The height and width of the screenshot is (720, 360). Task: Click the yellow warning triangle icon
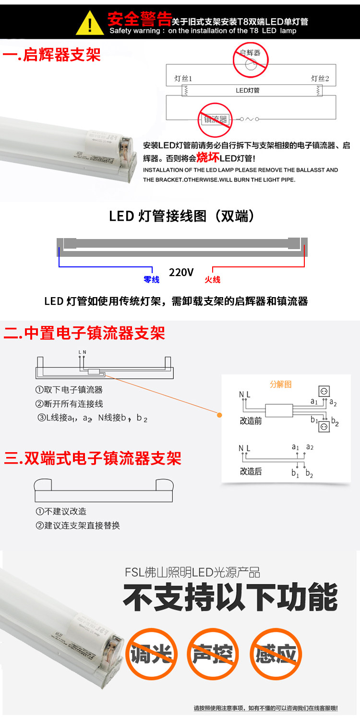point(90,23)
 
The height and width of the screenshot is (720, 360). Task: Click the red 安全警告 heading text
point(140,20)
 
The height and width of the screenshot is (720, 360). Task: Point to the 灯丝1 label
point(183,79)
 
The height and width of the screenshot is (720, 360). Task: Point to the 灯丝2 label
point(320,79)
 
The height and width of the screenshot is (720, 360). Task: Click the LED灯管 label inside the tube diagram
point(248,90)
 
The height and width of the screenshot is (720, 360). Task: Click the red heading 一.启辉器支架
point(52,55)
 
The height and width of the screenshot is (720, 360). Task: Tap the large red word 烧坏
point(207,157)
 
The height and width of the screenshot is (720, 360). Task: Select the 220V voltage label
point(181,273)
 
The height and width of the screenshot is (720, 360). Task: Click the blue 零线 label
point(151,279)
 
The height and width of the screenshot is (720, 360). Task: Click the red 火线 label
point(212,279)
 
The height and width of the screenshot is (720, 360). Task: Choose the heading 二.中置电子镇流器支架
point(84,333)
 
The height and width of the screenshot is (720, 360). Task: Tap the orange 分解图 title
point(281,384)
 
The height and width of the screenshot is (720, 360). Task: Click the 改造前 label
point(251,421)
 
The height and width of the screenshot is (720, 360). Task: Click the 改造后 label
point(251,471)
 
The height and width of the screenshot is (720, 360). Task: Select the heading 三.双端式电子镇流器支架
point(93,458)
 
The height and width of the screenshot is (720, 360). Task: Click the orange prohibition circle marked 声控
point(213,654)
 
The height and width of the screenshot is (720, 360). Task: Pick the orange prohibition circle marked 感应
point(276,654)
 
